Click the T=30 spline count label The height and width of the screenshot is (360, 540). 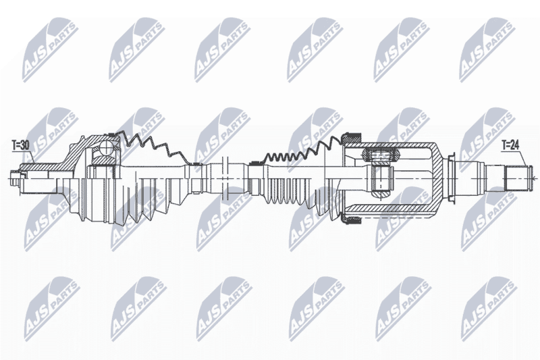[20, 146]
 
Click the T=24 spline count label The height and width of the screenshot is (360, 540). [510, 146]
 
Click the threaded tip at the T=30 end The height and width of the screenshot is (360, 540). [16, 178]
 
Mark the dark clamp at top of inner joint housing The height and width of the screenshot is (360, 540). [350, 138]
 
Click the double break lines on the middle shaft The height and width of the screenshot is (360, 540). [226, 178]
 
